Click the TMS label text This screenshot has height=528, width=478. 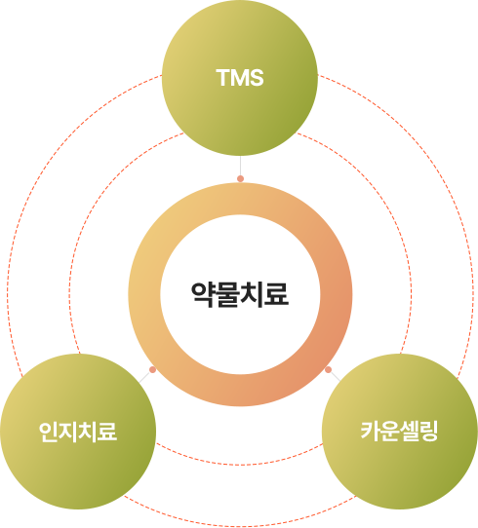coord(240,78)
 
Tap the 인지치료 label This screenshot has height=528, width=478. coord(78,432)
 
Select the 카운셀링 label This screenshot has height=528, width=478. coord(399,431)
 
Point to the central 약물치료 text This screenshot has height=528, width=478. coord(240,294)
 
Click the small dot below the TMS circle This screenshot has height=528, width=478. coord(240,178)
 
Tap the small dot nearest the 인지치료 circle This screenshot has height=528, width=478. coord(153,370)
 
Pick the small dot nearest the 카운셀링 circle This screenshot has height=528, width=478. coord(328,370)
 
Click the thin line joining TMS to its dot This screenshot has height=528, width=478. coord(240,166)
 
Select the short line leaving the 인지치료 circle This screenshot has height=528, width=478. coord(144,377)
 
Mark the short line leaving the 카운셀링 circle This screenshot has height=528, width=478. coord(336,376)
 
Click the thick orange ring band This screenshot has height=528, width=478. coord(144,294)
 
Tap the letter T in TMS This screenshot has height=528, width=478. coord(222,78)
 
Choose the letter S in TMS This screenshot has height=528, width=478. coord(257,78)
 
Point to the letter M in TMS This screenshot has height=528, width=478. coord(239,78)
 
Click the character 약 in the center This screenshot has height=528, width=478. coord(203,294)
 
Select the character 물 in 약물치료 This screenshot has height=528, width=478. coord(228,294)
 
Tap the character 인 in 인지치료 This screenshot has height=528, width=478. coord(49,432)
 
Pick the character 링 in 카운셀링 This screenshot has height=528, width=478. coord(429,431)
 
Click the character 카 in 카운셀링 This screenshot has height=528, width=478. coord(371,431)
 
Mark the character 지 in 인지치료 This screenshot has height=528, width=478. coord(68,432)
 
